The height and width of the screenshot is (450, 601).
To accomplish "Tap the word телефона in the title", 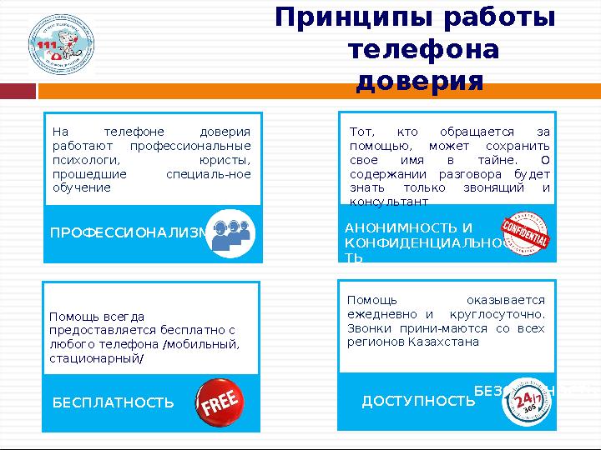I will (x=423, y=50).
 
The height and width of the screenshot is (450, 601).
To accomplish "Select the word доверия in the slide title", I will (x=420, y=82).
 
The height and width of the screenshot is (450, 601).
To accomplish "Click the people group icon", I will (x=230, y=232).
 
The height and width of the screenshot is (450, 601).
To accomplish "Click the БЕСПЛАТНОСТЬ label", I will (x=114, y=403).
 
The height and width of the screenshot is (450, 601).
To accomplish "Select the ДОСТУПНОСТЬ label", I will (x=417, y=402).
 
